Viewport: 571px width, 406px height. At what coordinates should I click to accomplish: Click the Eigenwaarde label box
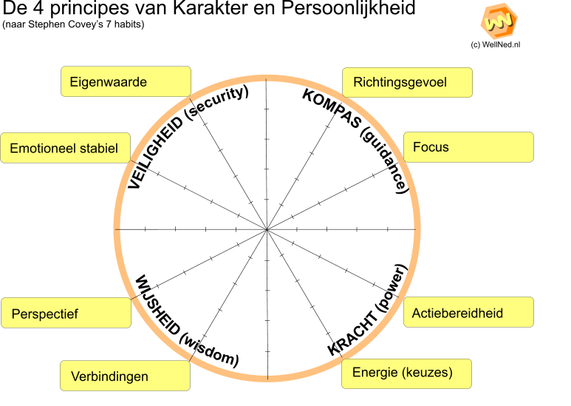click(x=126, y=82)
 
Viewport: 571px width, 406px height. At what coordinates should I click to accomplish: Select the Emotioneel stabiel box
click(x=66, y=148)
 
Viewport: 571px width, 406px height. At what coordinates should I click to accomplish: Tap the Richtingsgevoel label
click(x=407, y=82)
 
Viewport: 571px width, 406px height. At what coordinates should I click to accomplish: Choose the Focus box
click(x=468, y=147)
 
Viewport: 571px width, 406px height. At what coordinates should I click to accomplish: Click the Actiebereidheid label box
click(x=468, y=313)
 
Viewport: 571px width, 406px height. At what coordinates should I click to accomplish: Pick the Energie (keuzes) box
click(x=406, y=373)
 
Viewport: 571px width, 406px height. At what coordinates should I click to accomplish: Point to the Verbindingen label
click(x=125, y=376)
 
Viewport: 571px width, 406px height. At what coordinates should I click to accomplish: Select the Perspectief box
click(x=66, y=314)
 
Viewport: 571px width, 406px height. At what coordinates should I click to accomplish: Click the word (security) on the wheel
click(x=216, y=101)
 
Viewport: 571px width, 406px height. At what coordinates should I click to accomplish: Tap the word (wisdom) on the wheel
click(x=209, y=350)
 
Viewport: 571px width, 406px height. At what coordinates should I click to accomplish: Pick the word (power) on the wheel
click(x=391, y=288)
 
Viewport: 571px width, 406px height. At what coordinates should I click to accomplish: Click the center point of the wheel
click(x=266, y=230)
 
